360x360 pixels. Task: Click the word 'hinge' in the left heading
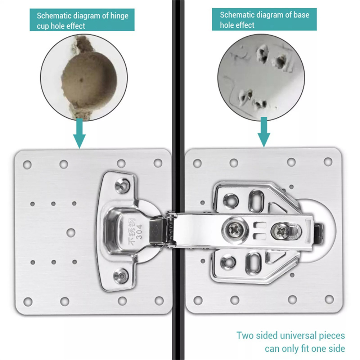coord(119,16)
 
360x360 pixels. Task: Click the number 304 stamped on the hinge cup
coord(139,231)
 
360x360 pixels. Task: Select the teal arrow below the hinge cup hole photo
coord(80,133)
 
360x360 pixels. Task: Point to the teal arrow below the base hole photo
coord(264,132)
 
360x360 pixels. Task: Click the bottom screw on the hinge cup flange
coord(121,275)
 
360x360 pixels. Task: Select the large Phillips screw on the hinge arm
coord(235,229)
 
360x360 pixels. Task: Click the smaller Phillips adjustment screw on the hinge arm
coord(282,230)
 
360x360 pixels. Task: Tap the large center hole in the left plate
coord(71,233)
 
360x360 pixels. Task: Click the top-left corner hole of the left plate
coord(27,165)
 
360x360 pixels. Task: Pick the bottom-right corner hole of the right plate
coord(329,299)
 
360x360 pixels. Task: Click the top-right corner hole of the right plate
coord(328,162)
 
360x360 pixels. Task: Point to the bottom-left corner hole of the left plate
coord(28,302)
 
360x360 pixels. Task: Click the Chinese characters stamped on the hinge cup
coord(132,231)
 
